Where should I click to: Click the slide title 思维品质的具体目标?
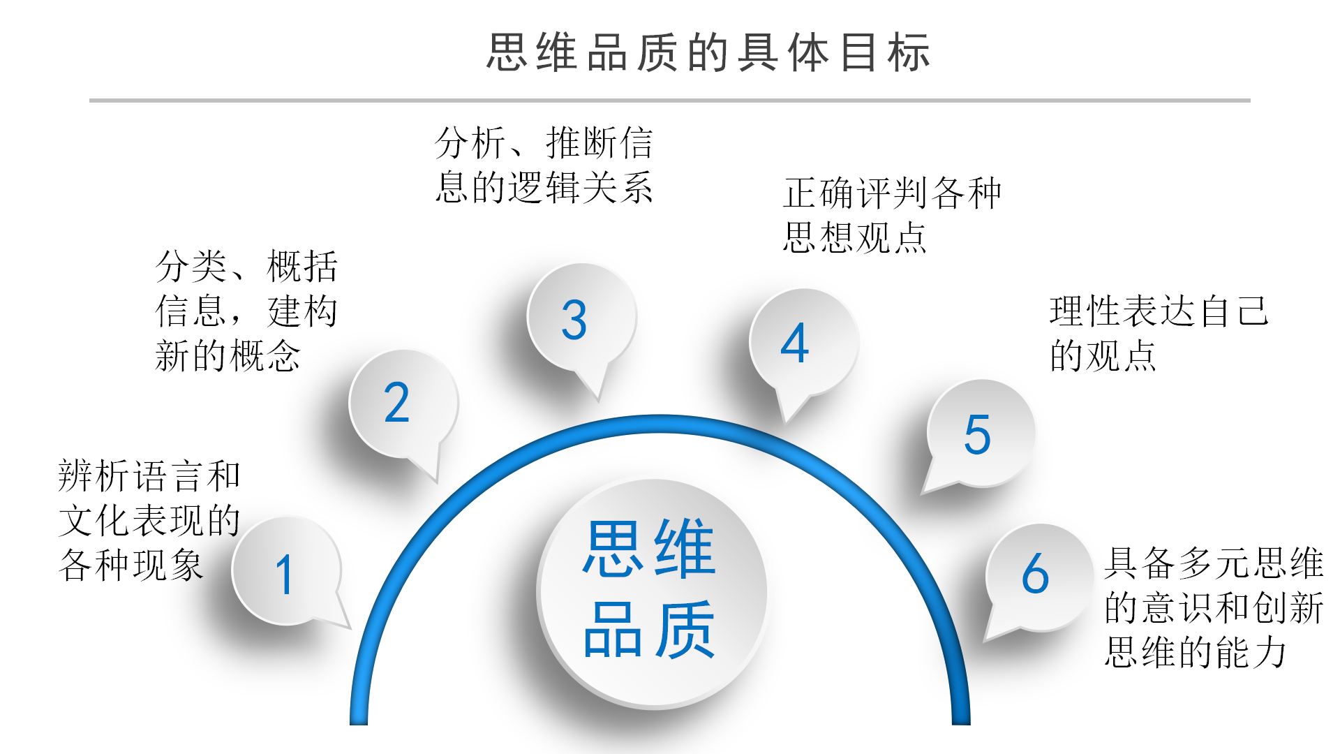pyautogui.click(x=708, y=53)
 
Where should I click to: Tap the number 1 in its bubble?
pyautogui.click(x=284, y=575)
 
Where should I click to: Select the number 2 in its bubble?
pyautogui.click(x=396, y=403)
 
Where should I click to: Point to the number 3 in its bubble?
pyautogui.click(x=574, y=320)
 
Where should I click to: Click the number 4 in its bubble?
pyautogui.click(x=794, y=343)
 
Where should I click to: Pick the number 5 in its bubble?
pyautogui.click(x=977, y=434)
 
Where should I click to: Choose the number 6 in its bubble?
pyautogui.click(x=1035, y=574)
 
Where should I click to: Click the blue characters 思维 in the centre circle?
pyautogui.click(x=650, y=549)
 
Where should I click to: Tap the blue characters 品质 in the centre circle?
pyautogui.click(x=650, y=630)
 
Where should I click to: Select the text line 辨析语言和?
pyautogui.click(x=149, y=476)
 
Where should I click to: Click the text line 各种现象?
pyautogui.click(x=131, y=565)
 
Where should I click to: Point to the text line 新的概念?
pyautogui.click(x=228, y=356)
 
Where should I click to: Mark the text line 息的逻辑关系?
pyautogui.click(x=544, y=187)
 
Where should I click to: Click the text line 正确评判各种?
pyautogui.click(x=892, y=193)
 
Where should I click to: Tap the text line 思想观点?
pyautogui.click(x=854, y=238)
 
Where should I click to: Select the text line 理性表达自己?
pyautogui.click(x=1159, y=311)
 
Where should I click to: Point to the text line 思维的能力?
pyautogui.click(x=1195, y=653)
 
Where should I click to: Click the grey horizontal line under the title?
pyautogui.click(x=670, y=101)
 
